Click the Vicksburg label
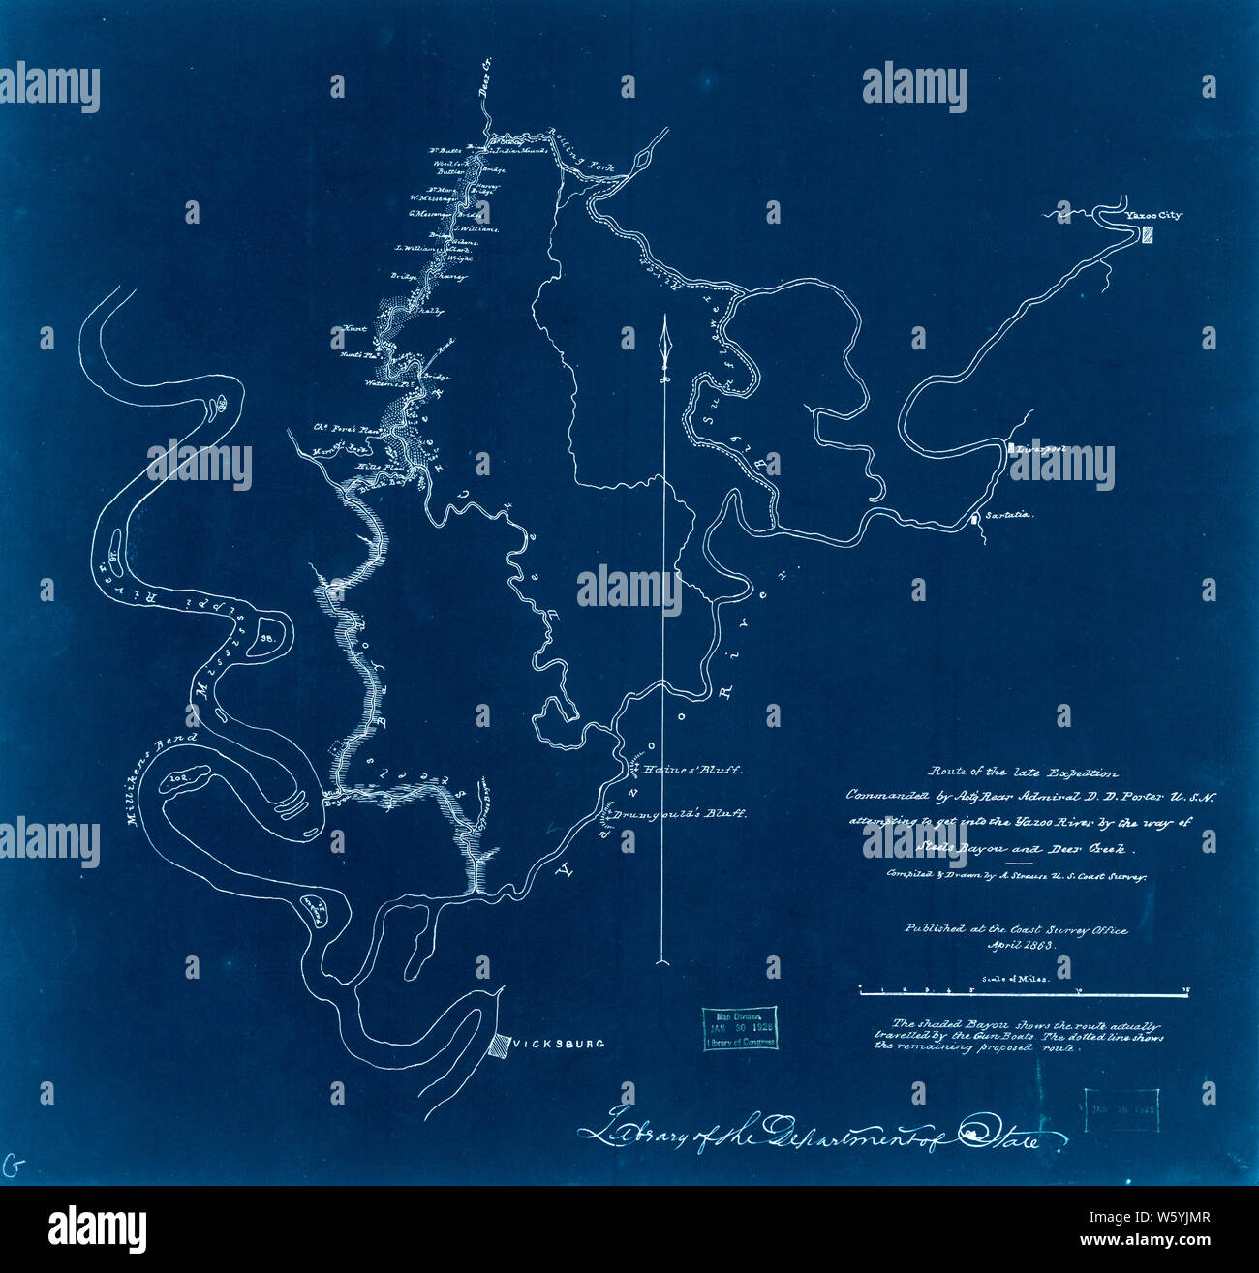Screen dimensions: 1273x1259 pos(559,1044)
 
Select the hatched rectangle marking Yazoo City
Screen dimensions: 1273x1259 pos(1148,234)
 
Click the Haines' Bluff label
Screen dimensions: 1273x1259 pos(693,771)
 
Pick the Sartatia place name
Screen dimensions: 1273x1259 pos(1009,515)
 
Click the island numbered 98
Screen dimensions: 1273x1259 pos(267,638)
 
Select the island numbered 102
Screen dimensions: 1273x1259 pos(180,776)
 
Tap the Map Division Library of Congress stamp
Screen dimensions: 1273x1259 pos(738,1029)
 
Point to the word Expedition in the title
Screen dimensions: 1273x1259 pos(1076,773)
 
